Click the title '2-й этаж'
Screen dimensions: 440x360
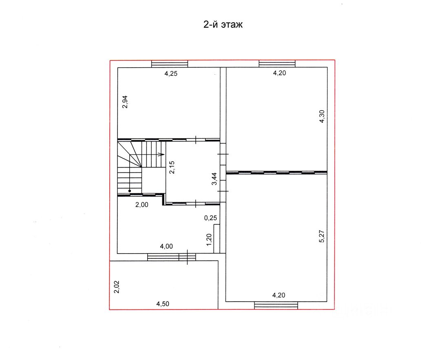pos(223,25)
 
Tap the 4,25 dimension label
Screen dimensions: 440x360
pos(171,74)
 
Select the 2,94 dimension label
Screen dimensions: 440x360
pos(125,102)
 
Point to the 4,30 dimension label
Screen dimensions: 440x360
pos(322,116)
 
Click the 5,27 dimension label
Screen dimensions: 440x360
pos(322,236)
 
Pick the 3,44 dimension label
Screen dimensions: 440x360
pos(214,179)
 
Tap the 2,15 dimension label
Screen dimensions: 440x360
pos(172,167)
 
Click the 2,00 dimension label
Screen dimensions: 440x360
pos(142,205)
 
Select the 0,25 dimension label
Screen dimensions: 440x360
pos(210,218)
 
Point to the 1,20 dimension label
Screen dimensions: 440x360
pos(209,240)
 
